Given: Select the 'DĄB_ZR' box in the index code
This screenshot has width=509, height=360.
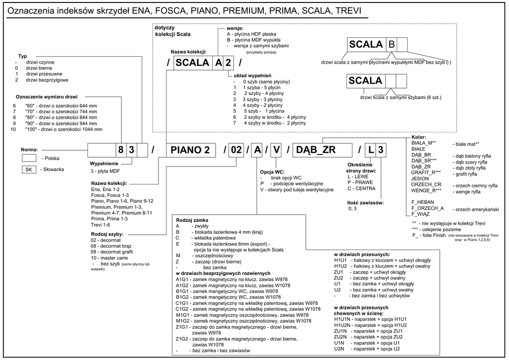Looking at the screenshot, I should point(315,150).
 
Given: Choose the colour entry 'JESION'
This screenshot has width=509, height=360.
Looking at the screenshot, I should point(420,178).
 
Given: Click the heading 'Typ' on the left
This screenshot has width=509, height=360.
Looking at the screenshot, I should point(22,56).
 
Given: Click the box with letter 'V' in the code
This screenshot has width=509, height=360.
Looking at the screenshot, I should point(277,150).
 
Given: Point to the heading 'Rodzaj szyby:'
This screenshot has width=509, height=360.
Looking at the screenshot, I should point(107,234).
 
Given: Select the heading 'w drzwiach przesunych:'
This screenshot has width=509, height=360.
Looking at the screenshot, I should point(361,254).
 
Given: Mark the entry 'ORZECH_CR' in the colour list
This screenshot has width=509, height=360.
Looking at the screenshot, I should point(426,184).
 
